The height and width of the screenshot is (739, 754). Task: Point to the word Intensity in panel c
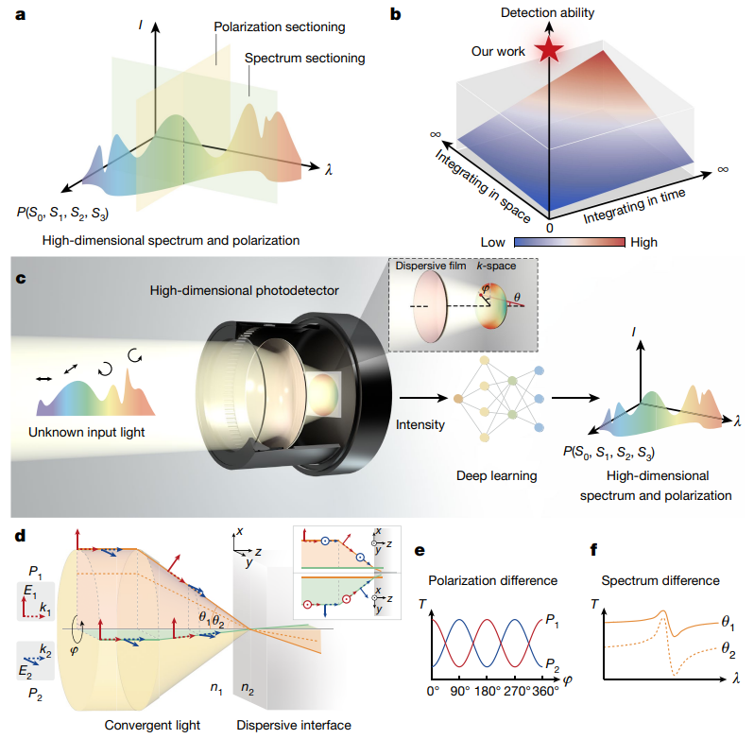coord(420,424)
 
